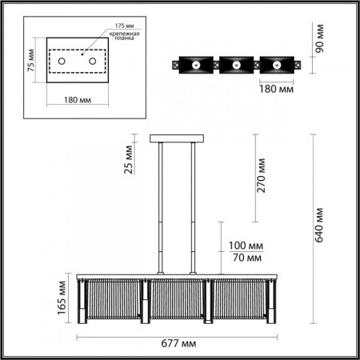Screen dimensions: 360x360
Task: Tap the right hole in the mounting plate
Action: pos(94,62)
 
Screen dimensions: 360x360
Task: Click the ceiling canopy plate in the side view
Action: pos(176,140)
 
